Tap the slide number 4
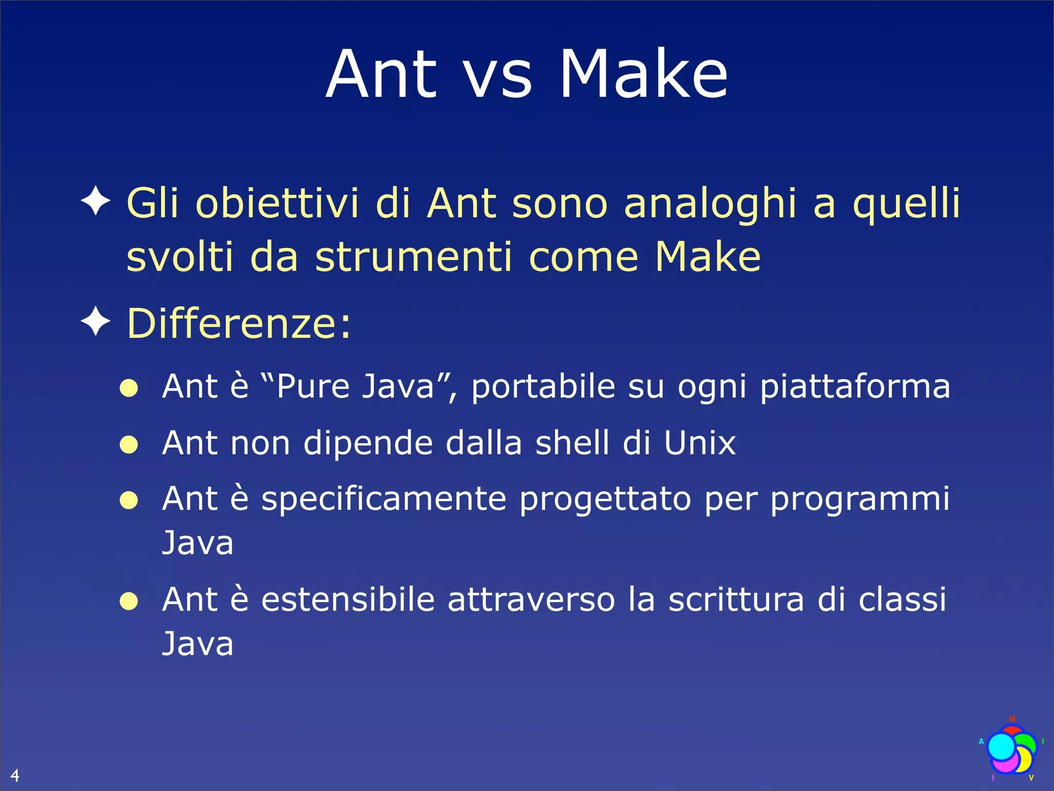[15, 775]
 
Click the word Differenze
[239, 323]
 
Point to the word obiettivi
[277, 203]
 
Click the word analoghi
[711, 204]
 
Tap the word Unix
[699, 442]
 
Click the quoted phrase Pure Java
[355, 386]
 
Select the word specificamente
[383, 499]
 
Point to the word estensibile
[348, 599]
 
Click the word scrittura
[735, 599]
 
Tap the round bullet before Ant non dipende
[129, 444]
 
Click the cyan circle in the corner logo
[1002, 747]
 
